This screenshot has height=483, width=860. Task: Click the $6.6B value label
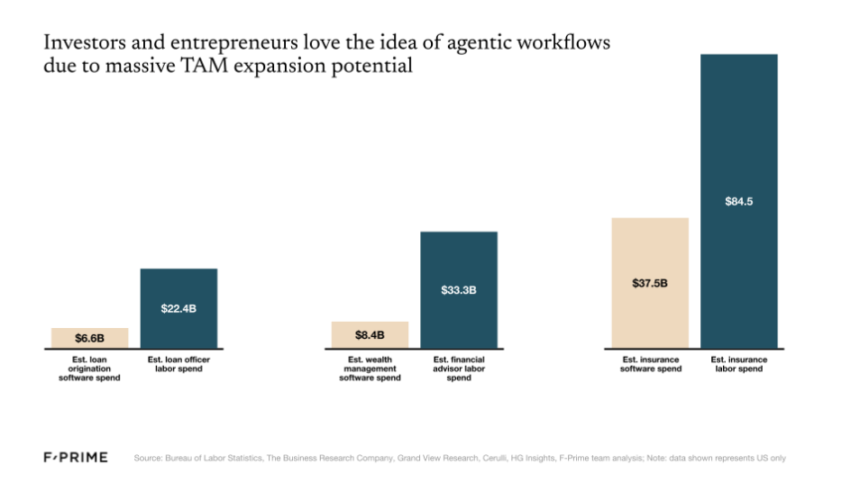point(89,338)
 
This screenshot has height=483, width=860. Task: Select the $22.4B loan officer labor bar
point(178,306)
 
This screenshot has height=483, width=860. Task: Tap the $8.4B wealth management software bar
point(370,334)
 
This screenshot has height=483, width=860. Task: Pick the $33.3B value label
point(458,290)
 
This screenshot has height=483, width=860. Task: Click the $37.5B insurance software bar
point(650,282)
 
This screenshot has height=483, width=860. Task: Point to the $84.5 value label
point(738,202)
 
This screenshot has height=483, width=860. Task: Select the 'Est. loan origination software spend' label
point(89,369)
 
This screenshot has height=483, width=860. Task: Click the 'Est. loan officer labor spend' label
point(178,364)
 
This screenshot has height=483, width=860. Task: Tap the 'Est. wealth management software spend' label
point(370,369)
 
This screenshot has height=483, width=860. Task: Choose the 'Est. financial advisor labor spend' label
point(458,369)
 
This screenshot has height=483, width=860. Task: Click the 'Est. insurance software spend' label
point(650,364)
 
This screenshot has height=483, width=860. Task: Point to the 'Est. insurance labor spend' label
point(738,364)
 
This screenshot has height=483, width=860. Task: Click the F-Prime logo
point(76,458)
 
